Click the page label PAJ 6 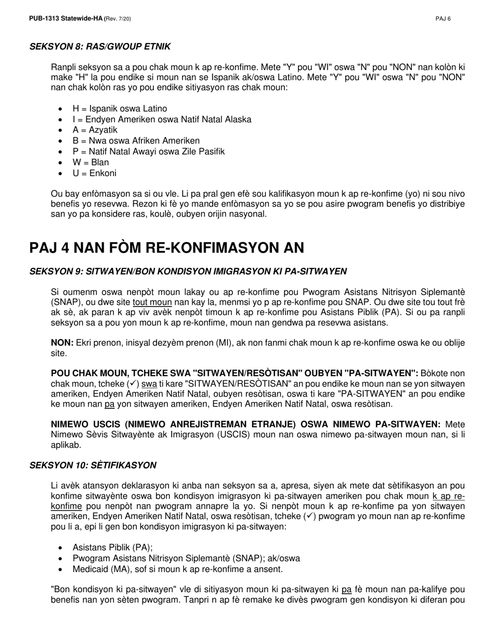443,19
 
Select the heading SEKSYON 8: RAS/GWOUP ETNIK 100,47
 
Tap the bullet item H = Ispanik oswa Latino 120,109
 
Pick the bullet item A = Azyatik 95,130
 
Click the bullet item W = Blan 91,162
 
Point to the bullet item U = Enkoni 95,173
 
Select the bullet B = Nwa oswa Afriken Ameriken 136,141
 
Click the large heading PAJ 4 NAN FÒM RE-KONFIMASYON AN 166,248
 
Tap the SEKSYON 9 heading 188,272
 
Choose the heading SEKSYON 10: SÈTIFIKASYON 93,465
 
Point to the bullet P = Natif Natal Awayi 148,151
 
